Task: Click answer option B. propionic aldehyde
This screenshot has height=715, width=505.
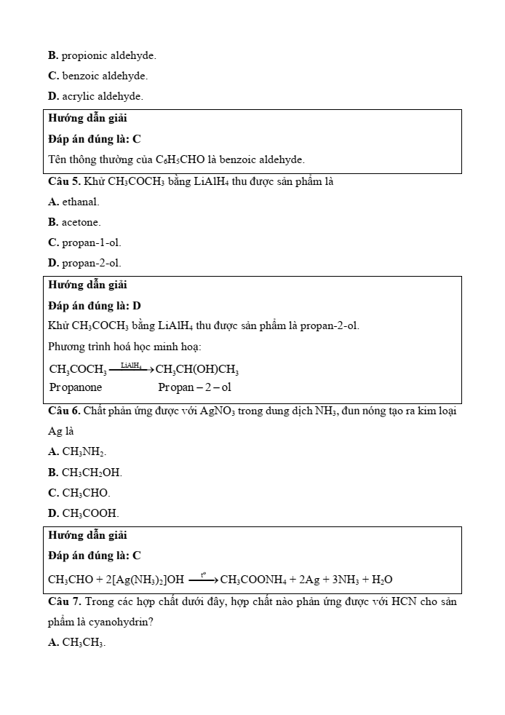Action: pyautogui.click(x=102, y=55)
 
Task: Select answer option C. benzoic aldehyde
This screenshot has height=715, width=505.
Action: pyautogui.click(x=98, y=76)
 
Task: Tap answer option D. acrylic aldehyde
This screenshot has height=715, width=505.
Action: pyautogui.click(x=95, y=96)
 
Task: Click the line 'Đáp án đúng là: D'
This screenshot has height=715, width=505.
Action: pyautogui.click(x=95, y=306)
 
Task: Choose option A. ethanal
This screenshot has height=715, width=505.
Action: pyautogui.click(x=73, y=202)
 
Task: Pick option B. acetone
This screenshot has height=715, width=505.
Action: pyautogui.click(x=74, y=222)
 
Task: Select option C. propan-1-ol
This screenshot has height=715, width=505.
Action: pyautogui.click(x=84, y=242)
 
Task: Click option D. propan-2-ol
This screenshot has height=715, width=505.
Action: pyautogui.click(x=84, y=263)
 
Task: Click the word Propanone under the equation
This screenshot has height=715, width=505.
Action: pyautogui.click(x=76, y=387)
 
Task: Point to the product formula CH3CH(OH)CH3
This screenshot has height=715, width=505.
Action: pyautogui.click(x=198, y=369)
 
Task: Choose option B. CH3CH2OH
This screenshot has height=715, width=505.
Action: pyautogui.click(x=84, y=473)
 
